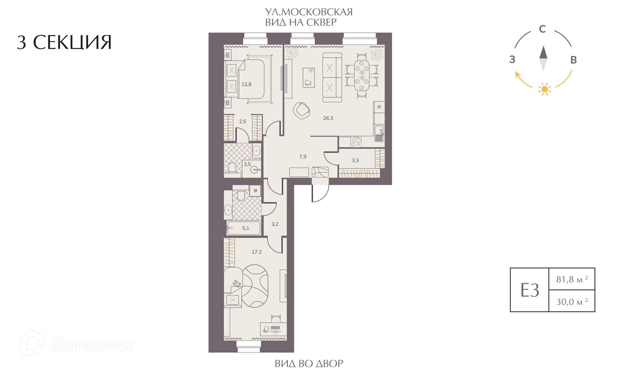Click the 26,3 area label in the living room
(x=328, y=118)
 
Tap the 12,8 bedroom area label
(x=246, y=85)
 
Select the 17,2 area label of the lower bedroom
(x=257, y=252)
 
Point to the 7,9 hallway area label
(x=303, y=157)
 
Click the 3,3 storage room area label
(x=355, y=160)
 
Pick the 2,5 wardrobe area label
(x=242, y=122)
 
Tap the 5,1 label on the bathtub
(x=246, y=228)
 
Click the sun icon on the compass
(x=545, y=89)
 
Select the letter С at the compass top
(x=542, y=29)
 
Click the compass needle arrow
(x=543, y=58)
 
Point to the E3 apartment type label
(x=529, y=290)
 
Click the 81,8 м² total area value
(x=572, y=279)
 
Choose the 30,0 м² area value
(x=572, y=302)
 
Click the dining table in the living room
(x=362, y=75)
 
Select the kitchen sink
(x=379, y=133)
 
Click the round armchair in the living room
(x=302, y=111)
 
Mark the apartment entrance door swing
(x=320, y=193)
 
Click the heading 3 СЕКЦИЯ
(x=64, y=42)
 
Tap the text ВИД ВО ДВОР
(x=309, y=364)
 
